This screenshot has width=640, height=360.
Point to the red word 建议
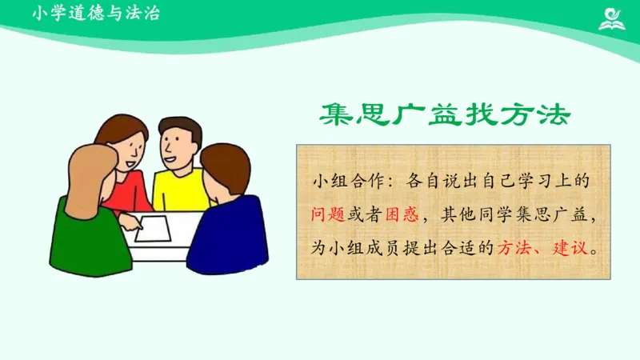(x=570, y=247)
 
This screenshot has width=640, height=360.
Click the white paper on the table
(x=152, y=228)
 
